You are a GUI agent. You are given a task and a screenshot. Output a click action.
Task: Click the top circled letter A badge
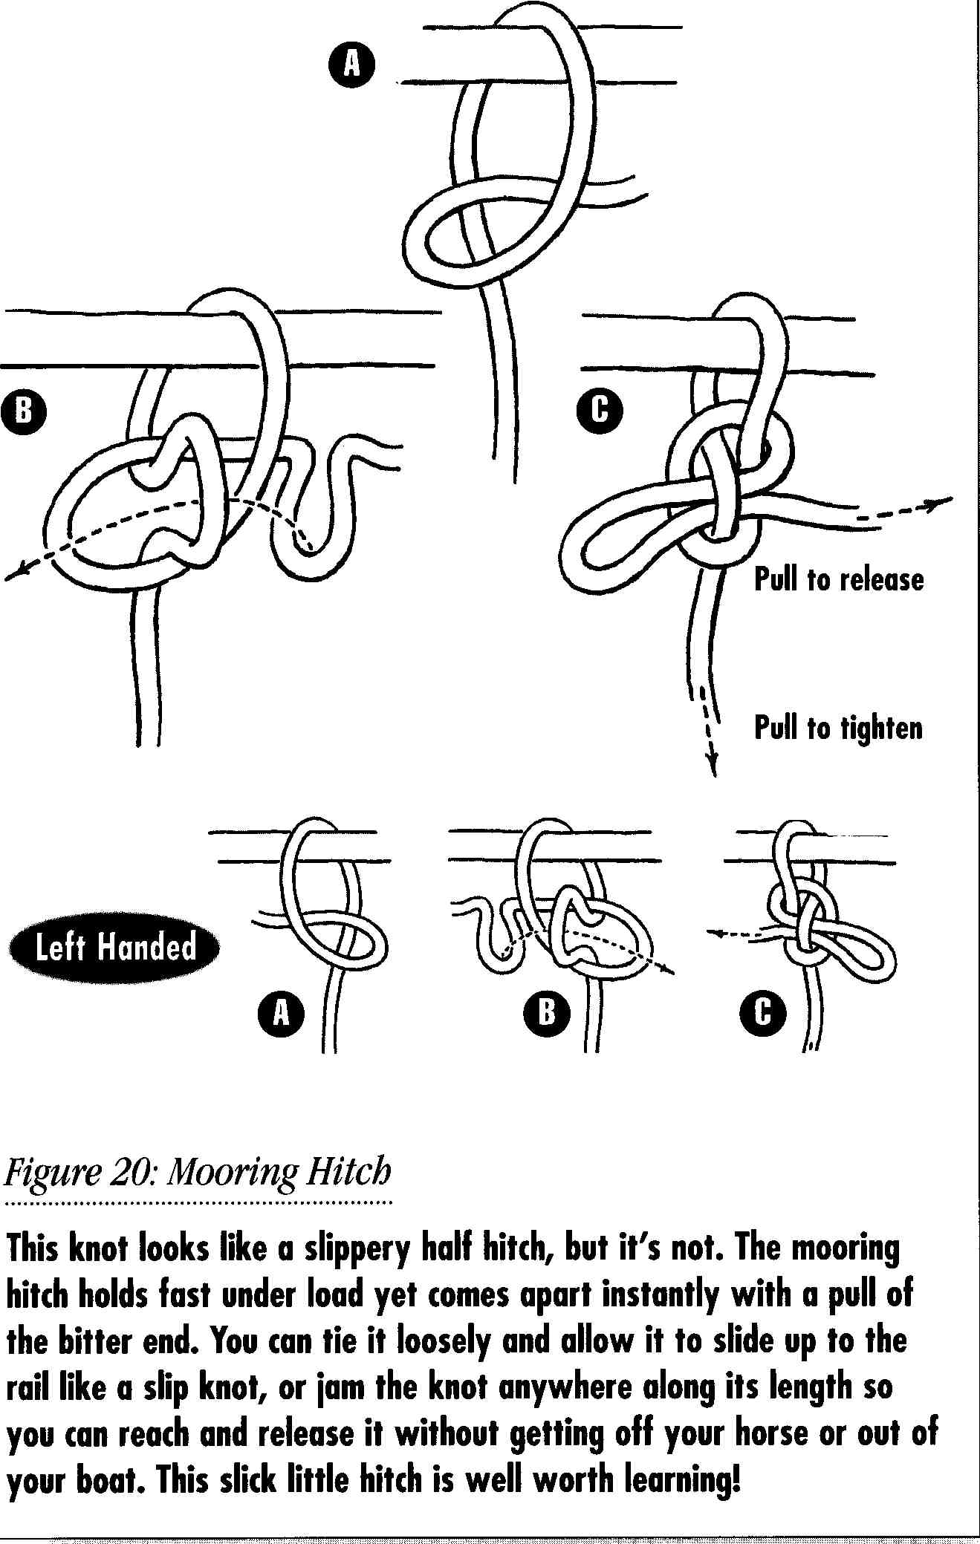pyautogui.click(x=351, y=65)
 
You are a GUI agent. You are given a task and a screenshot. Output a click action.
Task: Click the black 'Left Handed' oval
pyautogui.click(x=115, y=948)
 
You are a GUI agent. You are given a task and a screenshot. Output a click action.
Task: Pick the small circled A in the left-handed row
pyautogui.click(x=282, y=1012)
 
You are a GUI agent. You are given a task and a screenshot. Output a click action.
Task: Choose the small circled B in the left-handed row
pyautogui.click(x=546, y=1012)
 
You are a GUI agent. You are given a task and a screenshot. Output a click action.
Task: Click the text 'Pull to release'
pyautogui.click(x=839, y=580)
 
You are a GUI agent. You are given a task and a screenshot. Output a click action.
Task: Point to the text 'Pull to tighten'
pyautogui.click(x=838, y=728)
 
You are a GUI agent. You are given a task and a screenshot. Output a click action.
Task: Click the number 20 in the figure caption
pyautogui.click(x=134, y=1174)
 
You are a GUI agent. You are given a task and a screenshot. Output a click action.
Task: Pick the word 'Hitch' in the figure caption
pyautogui.click(x=349, y=1174)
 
